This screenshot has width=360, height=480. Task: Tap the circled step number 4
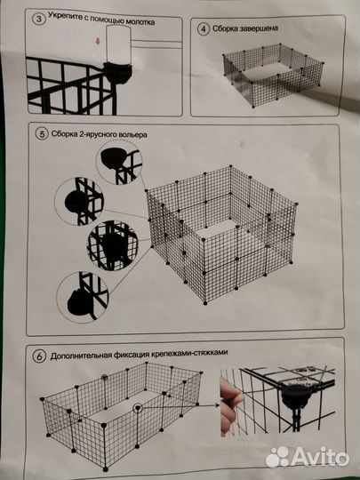204,28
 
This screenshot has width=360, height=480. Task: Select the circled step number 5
38,134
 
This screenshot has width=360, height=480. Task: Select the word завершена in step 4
258,28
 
